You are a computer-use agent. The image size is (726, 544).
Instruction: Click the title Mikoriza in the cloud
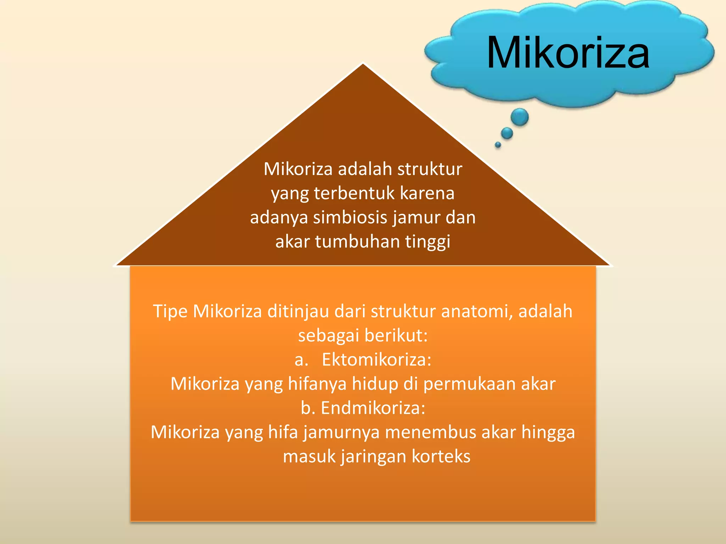pyautogui.click(x=568, y=53)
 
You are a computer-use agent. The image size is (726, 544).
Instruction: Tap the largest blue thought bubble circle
pyautogui.click(x=520, y=117)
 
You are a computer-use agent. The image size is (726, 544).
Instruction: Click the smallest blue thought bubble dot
pyautogui.click(x=498, y=144)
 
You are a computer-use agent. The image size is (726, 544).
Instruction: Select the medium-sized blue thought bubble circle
pyautogui.click(x=507, y=133)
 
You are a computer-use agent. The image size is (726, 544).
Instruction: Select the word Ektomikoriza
pyautogui.click(x=376, y=360)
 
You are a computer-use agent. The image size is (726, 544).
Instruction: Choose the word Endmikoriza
pyautogui.click(x=373, y=408)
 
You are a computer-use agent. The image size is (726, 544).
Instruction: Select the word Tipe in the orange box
pyautogui.click(x=170, y=312)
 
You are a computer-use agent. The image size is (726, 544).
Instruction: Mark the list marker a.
pyautogui.click(x=301, y=360)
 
